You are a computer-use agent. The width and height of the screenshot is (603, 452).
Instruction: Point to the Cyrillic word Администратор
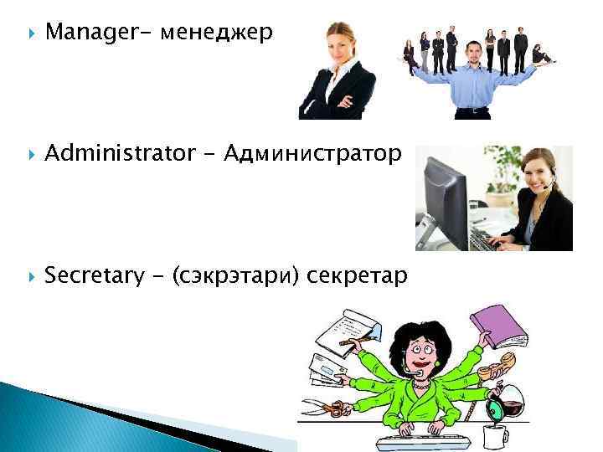click(314, 153)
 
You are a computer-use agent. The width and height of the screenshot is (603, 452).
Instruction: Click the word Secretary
click(93, 275)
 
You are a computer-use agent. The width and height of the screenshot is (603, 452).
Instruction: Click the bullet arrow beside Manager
click(31, 33)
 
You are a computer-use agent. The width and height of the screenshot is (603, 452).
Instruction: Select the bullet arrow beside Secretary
click(31, 275)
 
